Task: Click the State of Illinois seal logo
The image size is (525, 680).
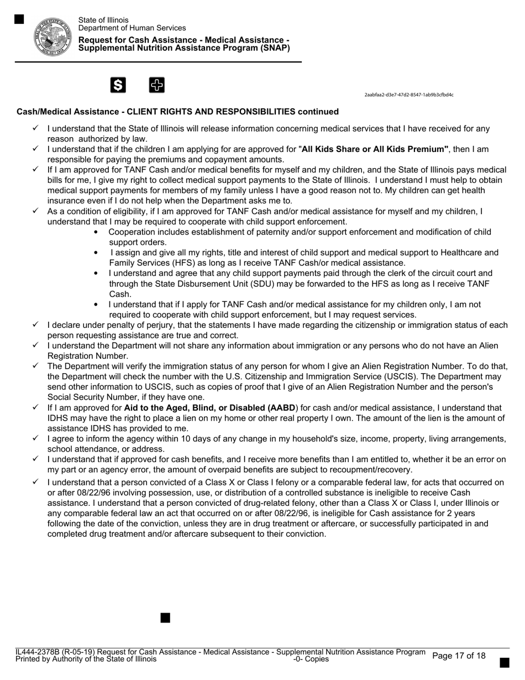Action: click(53, 36)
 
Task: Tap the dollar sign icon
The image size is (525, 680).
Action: click(118, 85)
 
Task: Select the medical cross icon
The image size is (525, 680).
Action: click(157, 85)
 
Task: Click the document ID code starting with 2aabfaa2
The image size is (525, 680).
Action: click(408, 95)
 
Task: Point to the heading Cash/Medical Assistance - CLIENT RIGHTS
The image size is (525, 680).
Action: click(177, 112)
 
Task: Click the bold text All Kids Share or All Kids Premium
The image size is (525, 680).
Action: click(374, 149)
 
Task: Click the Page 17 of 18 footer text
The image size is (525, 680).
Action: click(459, 656)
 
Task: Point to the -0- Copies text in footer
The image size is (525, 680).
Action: click(311, 659)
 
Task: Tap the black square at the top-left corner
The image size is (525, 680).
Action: click(19, 19)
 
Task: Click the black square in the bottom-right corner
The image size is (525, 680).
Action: click(504, 662)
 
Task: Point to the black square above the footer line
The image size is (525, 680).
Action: click(165, 618)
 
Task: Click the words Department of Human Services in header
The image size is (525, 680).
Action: click(132, 28)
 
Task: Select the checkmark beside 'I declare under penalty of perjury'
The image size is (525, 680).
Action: click(35, 325)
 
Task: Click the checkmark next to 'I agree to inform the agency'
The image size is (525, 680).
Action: click(35, 438)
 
